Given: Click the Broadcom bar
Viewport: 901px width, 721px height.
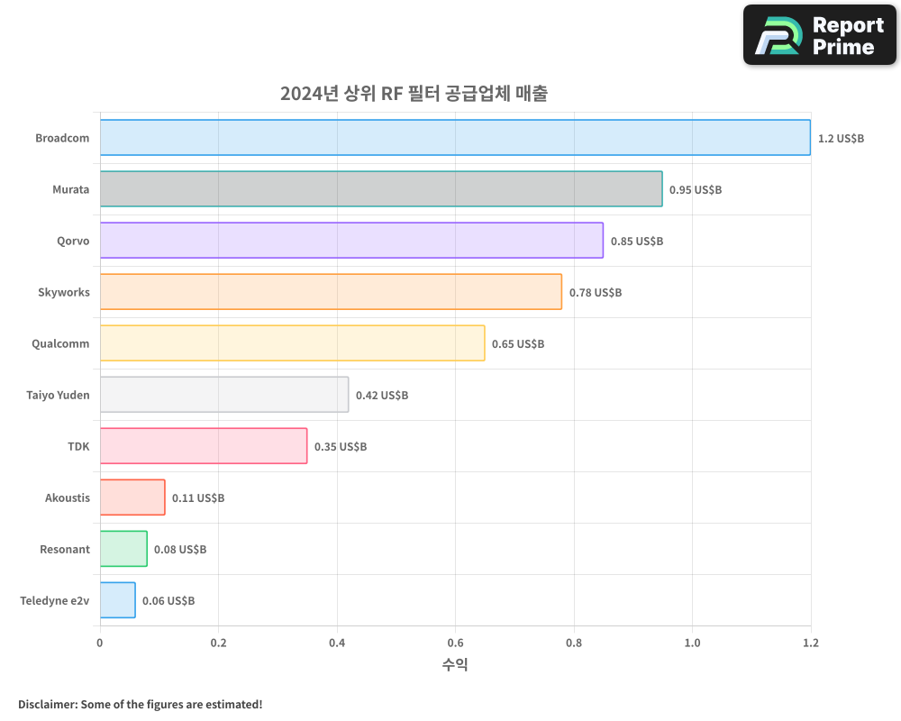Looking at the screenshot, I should [x=455, y=138].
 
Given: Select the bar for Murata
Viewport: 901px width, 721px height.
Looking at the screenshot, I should [x=381, y=189].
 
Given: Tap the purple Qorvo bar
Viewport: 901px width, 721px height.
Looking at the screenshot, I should [x=351, y=241].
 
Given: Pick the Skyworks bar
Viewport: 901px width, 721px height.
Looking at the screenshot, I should [x=331, y=292].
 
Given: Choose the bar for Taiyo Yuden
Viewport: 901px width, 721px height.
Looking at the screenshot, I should [x=224, y=395].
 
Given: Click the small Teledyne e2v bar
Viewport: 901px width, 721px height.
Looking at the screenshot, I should [x=118, y=600].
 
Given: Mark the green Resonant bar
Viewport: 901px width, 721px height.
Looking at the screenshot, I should [x=123, y=549].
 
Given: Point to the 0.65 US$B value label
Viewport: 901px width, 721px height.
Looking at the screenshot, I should [x=518, y=344].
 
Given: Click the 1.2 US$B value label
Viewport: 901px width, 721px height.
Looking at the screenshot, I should [x=841, y=139].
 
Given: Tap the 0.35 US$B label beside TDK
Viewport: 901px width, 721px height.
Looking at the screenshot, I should [x=341, y=447].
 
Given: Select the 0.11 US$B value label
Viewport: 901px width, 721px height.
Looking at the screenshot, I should [x=198, y=498].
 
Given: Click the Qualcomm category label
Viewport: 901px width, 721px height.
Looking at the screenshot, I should [x=60, y=343].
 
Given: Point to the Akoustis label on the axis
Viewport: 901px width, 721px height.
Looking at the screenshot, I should [x=68, y=497].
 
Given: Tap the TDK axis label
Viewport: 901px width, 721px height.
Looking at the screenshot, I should [x=78, y=446].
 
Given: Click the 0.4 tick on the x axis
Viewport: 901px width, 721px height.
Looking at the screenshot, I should [x=337, y=643].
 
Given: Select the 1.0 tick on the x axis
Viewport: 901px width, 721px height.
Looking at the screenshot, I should [x=692, y=643].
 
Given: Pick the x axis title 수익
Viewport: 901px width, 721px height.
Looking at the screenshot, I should [x=455, y=665].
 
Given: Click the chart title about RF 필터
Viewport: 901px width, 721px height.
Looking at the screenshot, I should [x=414, y=94].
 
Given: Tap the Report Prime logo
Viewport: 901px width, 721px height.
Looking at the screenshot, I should [x=820, y=35].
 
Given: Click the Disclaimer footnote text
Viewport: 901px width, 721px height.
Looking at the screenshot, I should [x=141, y=704].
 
